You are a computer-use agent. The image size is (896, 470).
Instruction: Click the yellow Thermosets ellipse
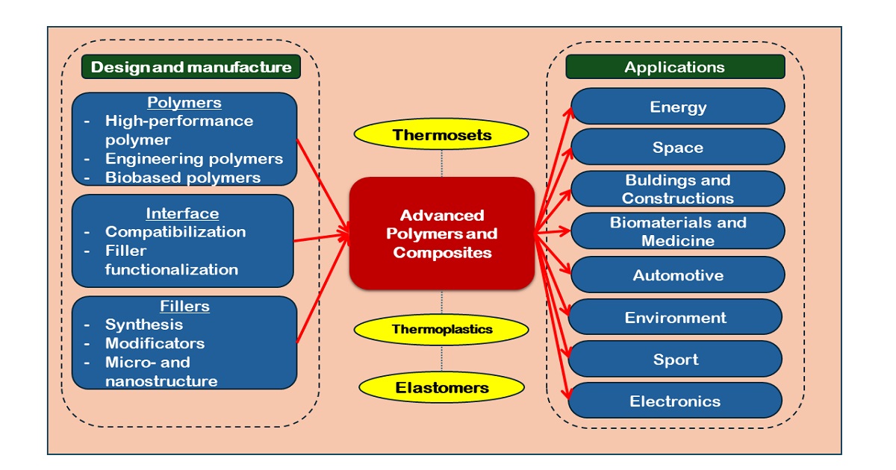tap(441, 135)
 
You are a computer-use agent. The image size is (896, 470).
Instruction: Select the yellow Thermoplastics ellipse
tap(442, 329)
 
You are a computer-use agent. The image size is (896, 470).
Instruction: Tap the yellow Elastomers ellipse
tap(441, 387)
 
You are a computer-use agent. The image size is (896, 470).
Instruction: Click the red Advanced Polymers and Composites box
tap(442, 234)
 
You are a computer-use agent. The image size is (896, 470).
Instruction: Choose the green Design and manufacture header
tap(191, 67)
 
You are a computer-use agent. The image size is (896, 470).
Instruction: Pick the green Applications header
tap(675, 67)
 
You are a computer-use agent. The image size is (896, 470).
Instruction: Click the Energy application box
tap(678, 107)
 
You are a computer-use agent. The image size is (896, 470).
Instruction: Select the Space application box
tap(678, 147)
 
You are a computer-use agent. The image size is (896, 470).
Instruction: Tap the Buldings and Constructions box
tap(678, 189)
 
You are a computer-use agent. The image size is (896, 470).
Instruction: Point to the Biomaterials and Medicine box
tap(678, 231)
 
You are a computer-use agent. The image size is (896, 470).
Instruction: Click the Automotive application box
tap(678, 275)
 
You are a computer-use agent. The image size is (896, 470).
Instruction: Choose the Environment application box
tap(676, 318)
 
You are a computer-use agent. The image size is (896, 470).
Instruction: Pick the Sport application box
tap(676, 360)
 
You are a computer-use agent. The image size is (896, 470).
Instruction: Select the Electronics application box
tap(676, 401)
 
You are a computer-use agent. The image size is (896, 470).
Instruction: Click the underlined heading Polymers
tap(184, 102)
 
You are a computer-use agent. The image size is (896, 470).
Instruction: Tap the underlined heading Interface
tap(182, 213)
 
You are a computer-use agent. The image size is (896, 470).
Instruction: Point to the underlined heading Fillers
tap(184, 306)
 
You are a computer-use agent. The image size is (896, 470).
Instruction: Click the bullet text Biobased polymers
tap(183, 177)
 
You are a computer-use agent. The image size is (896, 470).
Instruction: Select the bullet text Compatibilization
tap(175, 231)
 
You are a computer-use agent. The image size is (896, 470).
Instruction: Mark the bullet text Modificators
tap(155, 343)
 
